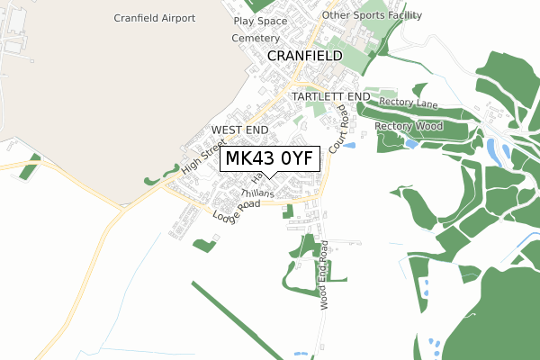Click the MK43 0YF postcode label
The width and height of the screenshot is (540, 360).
268,159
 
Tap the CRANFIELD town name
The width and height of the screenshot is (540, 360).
305,56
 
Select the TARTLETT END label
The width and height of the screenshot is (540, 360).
331,95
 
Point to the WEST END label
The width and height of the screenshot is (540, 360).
239,130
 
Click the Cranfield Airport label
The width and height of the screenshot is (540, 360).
155,18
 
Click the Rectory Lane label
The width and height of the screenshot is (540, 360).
407,104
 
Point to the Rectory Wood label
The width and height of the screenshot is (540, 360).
409,126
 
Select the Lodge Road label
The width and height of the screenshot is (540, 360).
236,210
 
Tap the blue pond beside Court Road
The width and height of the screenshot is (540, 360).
350,145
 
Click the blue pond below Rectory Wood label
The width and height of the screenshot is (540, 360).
411,143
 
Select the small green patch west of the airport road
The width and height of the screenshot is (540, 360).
31,164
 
